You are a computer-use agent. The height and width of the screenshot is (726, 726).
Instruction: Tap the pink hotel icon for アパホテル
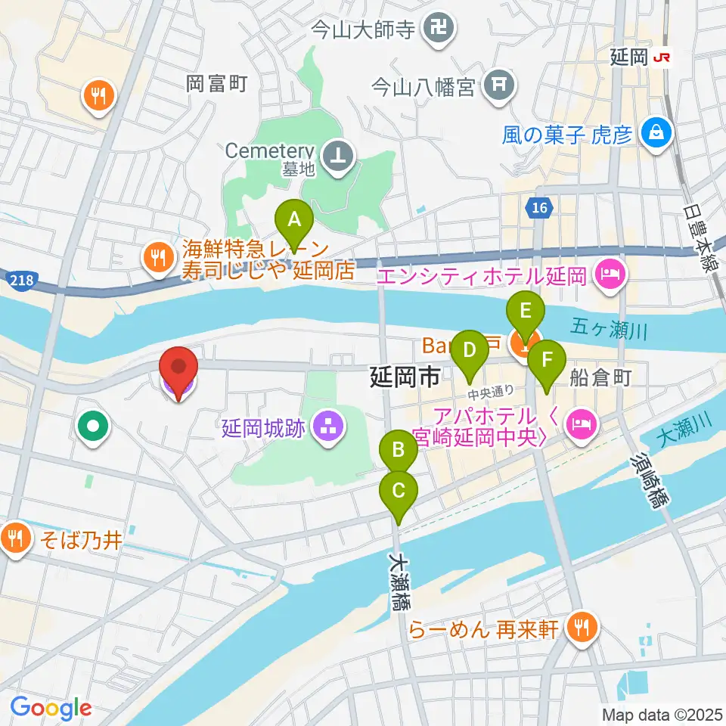pyautogui.click(x=581, y=426)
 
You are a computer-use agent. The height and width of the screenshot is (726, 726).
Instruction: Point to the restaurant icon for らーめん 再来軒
pyautogui.click(x=581, y=626)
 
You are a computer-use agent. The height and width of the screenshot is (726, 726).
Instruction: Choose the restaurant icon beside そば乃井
pyautogui.click(x=14, y=539)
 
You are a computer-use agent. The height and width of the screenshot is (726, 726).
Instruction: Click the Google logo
pyautogui.click(x=51, y=708)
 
